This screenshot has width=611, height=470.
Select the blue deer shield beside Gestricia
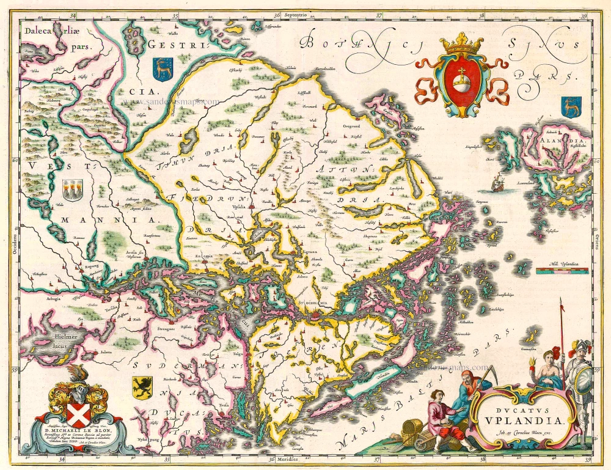point(162,68)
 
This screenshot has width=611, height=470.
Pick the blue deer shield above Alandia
point(571,106)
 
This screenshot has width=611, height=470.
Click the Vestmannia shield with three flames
point(73,188)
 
